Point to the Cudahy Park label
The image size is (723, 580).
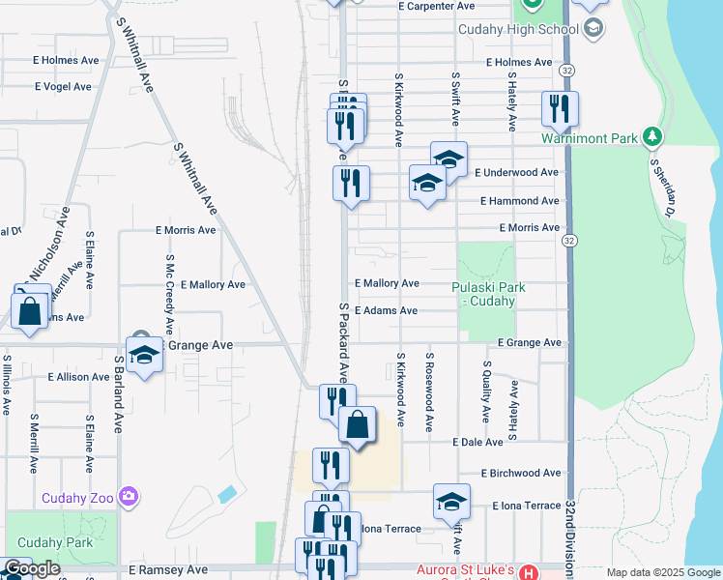55,542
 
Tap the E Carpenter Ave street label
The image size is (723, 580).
436,6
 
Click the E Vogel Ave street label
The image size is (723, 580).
63,87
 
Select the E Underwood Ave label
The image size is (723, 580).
517,172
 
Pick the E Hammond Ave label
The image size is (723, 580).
520,201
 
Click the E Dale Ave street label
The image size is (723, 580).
477,442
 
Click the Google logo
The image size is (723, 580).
32,569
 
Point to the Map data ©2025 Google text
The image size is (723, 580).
664,572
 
